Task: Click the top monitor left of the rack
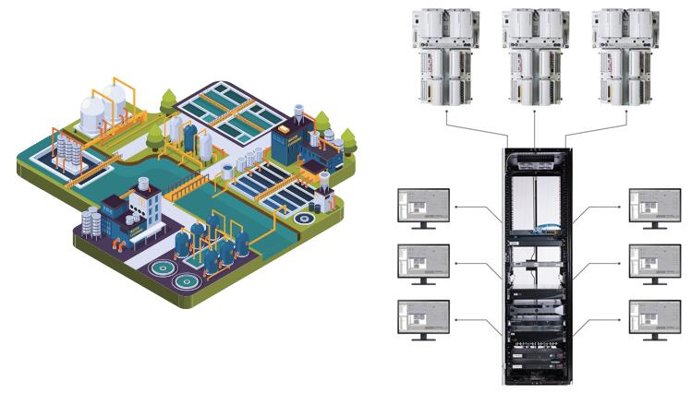(422, 208)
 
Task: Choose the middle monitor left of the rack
(422, 264)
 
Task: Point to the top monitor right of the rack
(654, 208)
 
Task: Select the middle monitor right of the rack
(654, 264)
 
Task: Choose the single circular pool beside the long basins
(303, 220)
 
